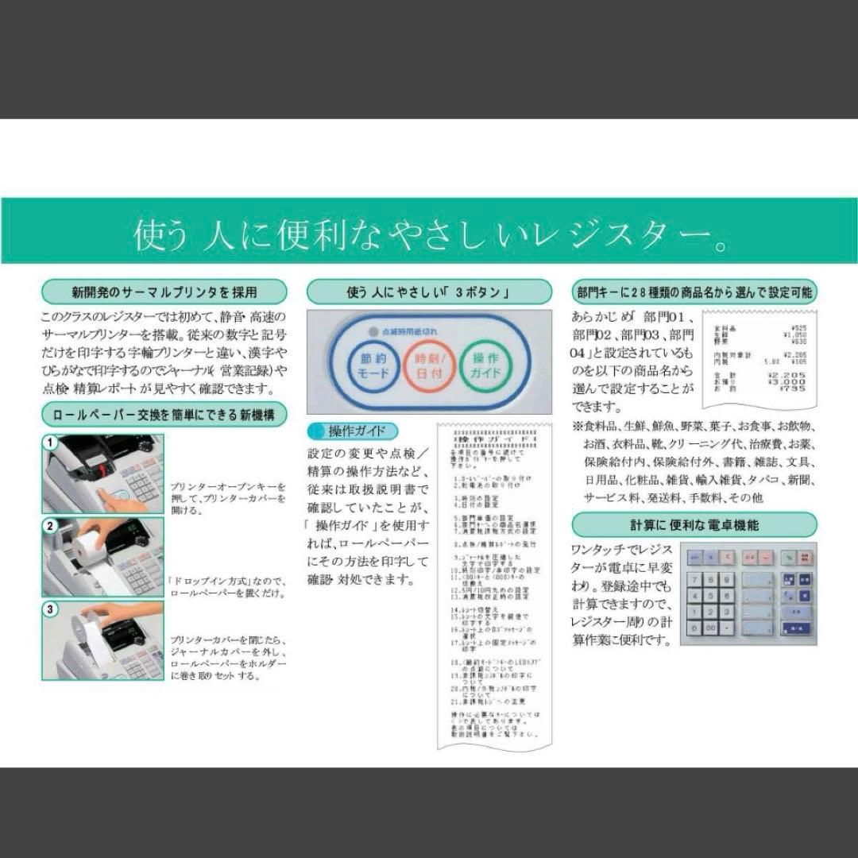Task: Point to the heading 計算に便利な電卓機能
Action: pos(694,524)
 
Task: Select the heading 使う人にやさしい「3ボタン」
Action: pos(427,292)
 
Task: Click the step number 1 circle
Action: pos(50,443)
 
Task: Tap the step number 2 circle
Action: pos(50,526)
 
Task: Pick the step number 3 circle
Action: pos(50,609)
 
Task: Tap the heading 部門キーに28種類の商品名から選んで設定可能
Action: pos(694,292)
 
